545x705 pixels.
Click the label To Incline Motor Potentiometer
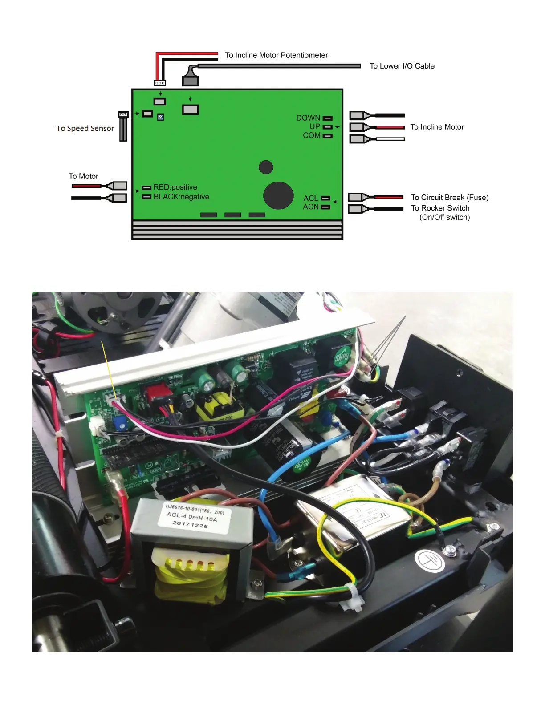click(x=276, y=55)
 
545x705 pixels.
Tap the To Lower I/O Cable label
click(x=402, y=66)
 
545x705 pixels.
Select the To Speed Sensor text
click(x=85, y=128)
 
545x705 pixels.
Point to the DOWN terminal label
click(x=308, y=118)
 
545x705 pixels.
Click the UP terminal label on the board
click(x=315, y=126)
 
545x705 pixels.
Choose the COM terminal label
click(x=311, y=135)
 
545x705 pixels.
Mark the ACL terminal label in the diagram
click(x=311, y=198)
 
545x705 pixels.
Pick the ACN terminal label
click(x=311, y=207)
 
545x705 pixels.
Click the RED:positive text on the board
click(x=175, y=187)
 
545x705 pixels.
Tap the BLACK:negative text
click(x=181, y=197)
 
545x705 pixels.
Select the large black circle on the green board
click(x=278, y=195)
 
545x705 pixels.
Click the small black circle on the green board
click(x=266, y=167)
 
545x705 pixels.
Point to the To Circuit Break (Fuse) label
click(x=450, y=198)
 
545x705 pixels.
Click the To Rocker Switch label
click(x=440, y=208)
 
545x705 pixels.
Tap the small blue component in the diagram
click(x=161, y=117)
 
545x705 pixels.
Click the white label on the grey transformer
click(x=195, y=516)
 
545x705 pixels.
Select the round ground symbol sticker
click(x=430, y=561)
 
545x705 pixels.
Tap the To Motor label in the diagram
click(x=83, y=176)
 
